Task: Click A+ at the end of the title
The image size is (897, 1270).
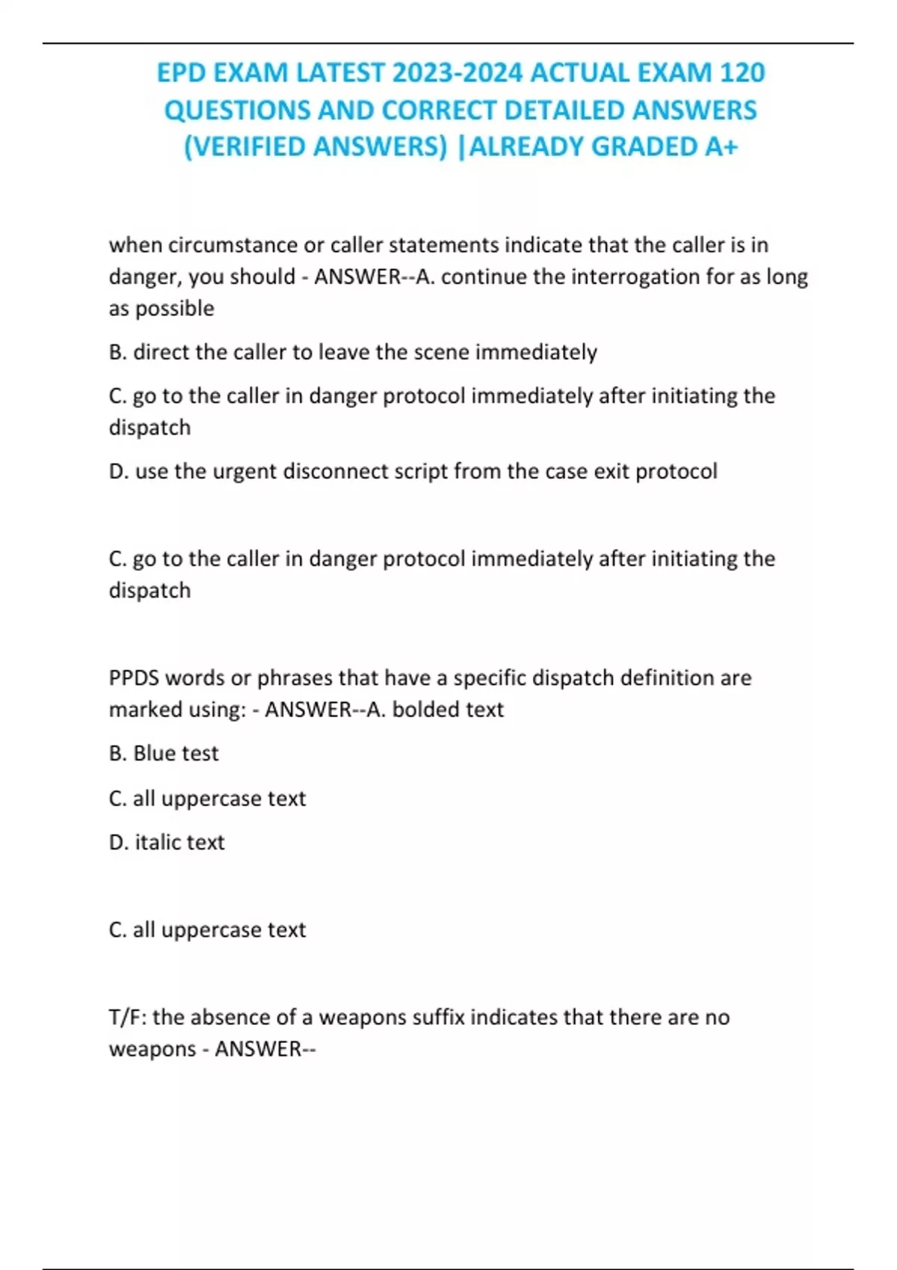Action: (721, 147)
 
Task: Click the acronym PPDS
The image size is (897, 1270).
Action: (134, 678)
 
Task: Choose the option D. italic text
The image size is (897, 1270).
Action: (167, 843)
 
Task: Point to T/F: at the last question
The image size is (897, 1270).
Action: (128, 1017)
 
